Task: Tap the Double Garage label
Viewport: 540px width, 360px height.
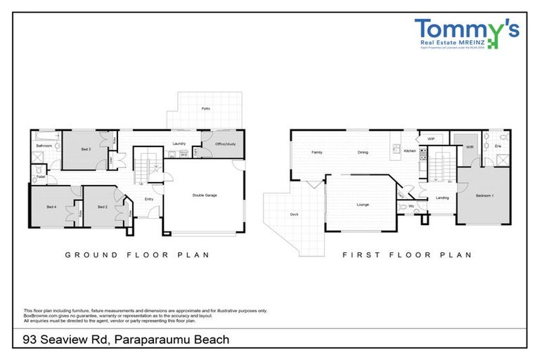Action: (205, 195)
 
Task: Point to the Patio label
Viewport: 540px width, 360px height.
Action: (205, 109)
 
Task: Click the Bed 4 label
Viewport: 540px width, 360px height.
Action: (51, 207)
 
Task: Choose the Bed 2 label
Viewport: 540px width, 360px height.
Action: (102, 207)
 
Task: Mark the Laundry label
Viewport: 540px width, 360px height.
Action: (177, 143)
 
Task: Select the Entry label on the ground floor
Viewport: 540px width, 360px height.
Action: (148, 199)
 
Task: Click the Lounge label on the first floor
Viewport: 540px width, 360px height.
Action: (363, 205)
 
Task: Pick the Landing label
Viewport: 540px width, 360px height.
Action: (442, 198)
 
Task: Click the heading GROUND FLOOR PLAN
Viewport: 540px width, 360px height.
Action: (137, 255)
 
